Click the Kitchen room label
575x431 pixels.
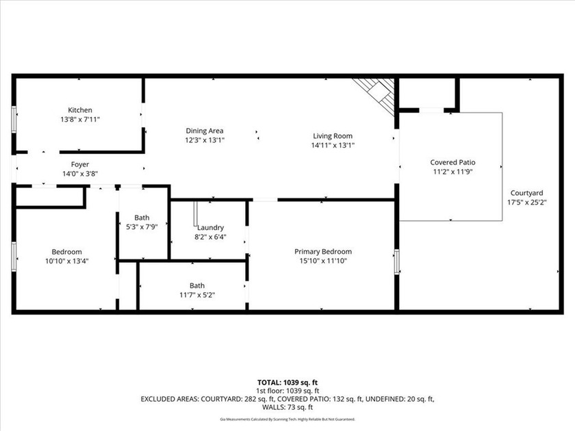coord(79,110)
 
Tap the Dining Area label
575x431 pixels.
coord(205,131)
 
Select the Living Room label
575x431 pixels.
coord(333,136)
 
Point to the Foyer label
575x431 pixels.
coord(79,164)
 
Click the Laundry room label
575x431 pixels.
coord(209,228)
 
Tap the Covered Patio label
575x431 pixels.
coord(452,162)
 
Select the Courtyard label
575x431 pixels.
coord(525,193)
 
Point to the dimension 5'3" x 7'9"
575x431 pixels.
coord(142,226)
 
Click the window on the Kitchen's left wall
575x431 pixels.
coord(14,118)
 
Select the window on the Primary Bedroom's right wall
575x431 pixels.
coord(396,262)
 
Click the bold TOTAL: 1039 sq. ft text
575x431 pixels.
coord(287,382)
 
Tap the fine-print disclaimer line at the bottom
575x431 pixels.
coord(287,419)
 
